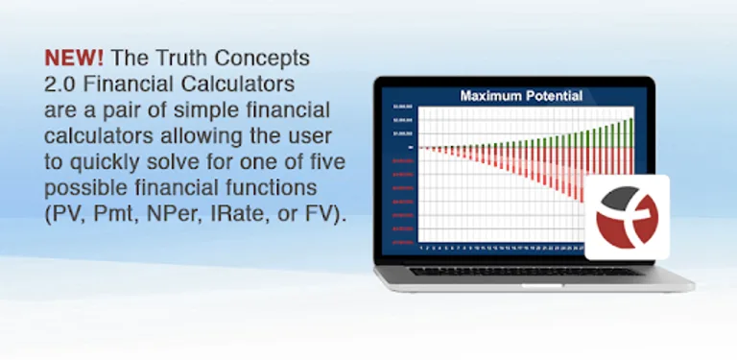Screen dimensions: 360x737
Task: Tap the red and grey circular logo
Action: (x=627, y=217)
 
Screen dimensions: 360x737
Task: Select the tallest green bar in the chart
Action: (x=630, y=132)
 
